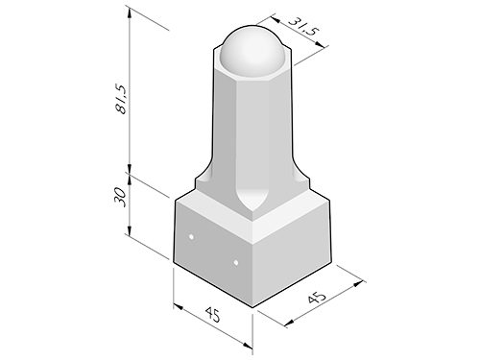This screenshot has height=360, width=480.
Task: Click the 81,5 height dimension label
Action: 122,100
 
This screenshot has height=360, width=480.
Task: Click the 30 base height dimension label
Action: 119,197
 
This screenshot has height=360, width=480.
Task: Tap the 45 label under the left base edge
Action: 212,315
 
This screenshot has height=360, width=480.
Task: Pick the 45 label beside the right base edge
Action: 317,298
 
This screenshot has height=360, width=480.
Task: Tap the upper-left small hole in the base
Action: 191,237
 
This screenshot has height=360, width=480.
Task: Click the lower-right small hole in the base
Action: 236,263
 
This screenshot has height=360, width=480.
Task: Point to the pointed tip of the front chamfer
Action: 252,212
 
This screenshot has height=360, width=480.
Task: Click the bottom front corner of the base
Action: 252,307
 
